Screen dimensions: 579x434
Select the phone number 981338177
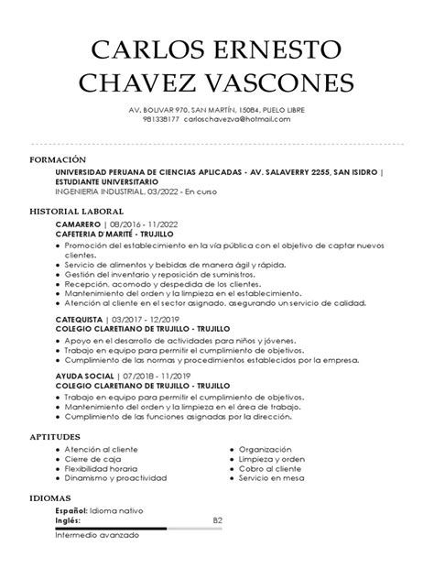pyautogui.click(x=161, y=119)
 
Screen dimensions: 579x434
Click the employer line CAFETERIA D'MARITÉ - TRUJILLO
pyautogui.click(x=120, y=234)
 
